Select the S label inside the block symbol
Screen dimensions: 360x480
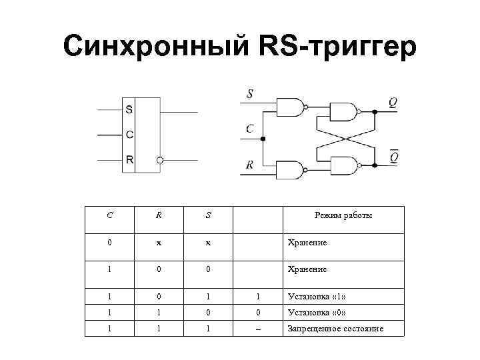tap(129, 109)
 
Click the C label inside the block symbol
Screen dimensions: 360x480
tap(129, 134)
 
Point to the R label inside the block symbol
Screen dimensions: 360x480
tap(129, 159)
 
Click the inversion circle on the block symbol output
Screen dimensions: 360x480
tap(160, 161)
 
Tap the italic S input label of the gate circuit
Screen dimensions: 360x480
tap(250, 94)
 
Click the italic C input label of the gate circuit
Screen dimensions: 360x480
tap(249, 128)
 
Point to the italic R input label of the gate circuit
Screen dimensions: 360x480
tap(249, 164)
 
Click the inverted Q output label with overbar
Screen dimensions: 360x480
tap(394, 157)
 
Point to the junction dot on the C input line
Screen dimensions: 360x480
tap(263, 139)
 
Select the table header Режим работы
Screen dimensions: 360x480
tap(343, 215)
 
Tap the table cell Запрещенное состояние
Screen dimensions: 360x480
tap(335, 329)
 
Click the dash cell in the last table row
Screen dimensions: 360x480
tap(258, 329)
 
